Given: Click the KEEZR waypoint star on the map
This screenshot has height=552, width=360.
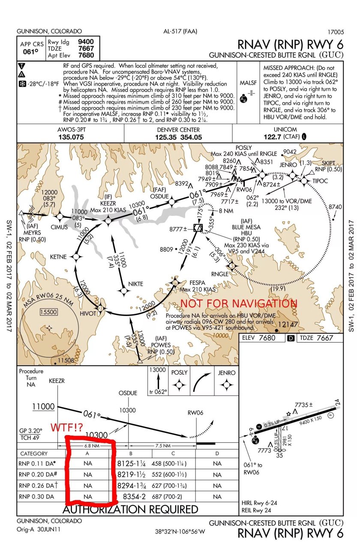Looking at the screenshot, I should [108, 220].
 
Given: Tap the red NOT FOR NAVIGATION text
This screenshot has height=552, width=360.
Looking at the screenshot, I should [238, 304].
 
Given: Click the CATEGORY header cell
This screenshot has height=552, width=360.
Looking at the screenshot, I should [33, 453].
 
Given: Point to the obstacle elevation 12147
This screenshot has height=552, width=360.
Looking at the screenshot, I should [288, 325].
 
